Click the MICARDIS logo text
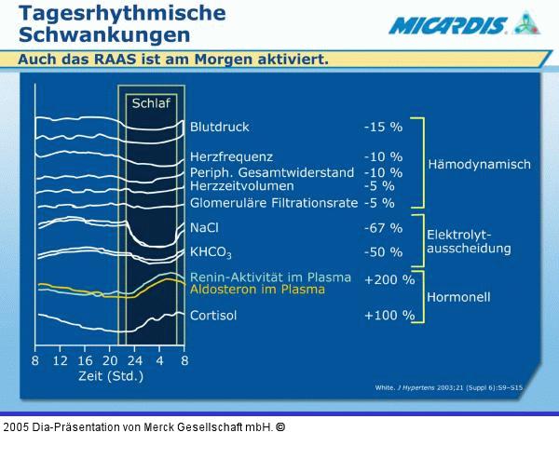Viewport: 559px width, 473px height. pos(448,26)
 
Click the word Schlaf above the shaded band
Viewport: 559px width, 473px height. pos(150,102)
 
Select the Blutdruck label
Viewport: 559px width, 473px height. pos(220,127)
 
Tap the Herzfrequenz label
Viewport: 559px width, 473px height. pos(231,156)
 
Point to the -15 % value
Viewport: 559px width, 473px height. pos(383,127)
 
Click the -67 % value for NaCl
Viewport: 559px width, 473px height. pos(383,227)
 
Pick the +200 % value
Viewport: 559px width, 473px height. pos(389,278)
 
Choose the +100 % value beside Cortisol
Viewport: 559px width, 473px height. pos(389,316)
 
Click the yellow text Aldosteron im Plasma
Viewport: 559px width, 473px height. pos(257,290)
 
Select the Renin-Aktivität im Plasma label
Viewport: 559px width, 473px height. pos(270,277)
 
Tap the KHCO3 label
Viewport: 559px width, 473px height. pos(211,252)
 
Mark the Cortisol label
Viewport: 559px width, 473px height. pos(213,316)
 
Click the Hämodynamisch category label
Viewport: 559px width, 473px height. pos(479,165)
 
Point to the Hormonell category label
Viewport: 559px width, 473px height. pos(458,297)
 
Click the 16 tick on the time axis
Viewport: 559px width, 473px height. pos(85,360)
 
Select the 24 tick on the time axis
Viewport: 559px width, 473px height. pos(134,360)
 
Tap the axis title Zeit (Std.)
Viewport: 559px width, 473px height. pos(109,376)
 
